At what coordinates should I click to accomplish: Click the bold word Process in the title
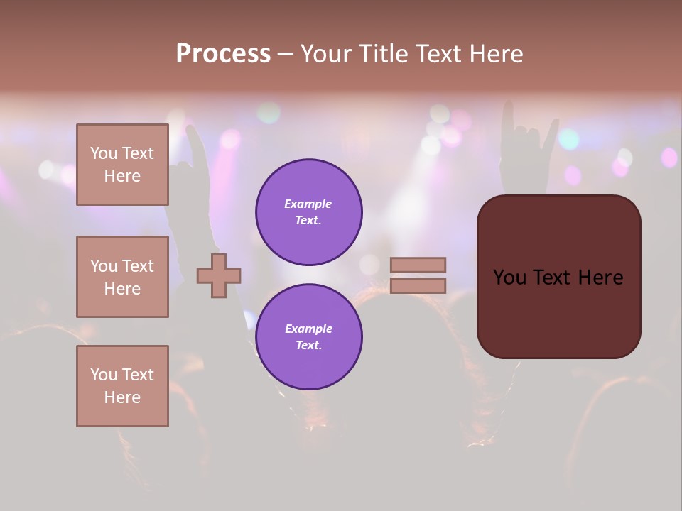click(223, 54)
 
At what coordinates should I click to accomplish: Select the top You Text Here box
click(122, 165)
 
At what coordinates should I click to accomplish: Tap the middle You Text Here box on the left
click(122, 277)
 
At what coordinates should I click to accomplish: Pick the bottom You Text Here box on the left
click(122, 386)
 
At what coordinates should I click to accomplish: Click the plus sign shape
click(219, 275)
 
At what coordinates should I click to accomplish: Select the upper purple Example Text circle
click(309, 212)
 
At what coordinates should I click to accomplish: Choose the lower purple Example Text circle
click(309, 337)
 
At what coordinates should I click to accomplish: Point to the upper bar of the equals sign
click(418, 265)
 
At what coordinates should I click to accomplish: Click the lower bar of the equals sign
click(418, 285)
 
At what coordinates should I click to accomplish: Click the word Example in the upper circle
click(308, 204)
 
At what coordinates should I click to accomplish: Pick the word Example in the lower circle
click(308, 329)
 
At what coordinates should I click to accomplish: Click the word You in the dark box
click(509, 278)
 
